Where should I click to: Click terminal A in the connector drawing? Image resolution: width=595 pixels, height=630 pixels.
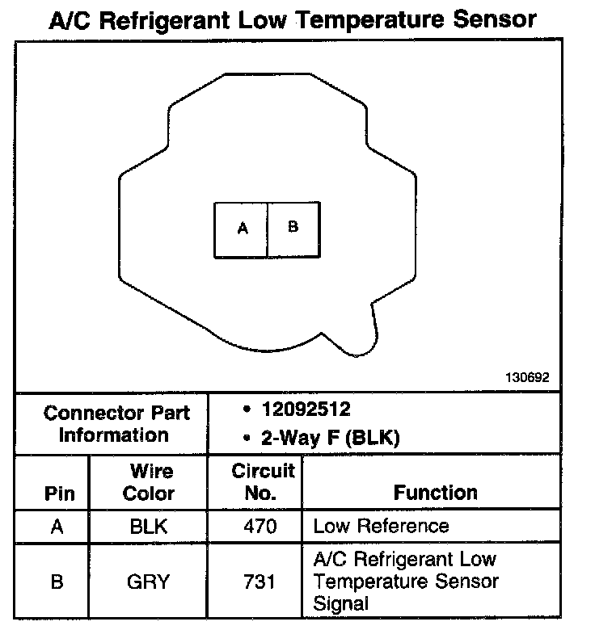(x=241, y=229)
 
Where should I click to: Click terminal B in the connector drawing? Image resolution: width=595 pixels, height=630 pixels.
(x=293, y=229)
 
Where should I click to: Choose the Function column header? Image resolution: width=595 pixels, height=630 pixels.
(x=435, y=493)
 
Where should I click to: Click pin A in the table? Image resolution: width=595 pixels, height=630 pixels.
(x=57, y=527)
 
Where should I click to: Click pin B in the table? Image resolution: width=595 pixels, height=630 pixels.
(x=57, y=582)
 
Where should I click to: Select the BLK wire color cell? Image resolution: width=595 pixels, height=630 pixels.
(x=149, y=527)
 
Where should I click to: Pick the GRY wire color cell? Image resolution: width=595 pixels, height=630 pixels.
(x=149, y=582)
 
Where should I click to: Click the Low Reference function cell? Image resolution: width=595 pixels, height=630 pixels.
(x=381, y=527)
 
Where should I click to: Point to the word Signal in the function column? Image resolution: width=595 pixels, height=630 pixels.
(x=340, y=603)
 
